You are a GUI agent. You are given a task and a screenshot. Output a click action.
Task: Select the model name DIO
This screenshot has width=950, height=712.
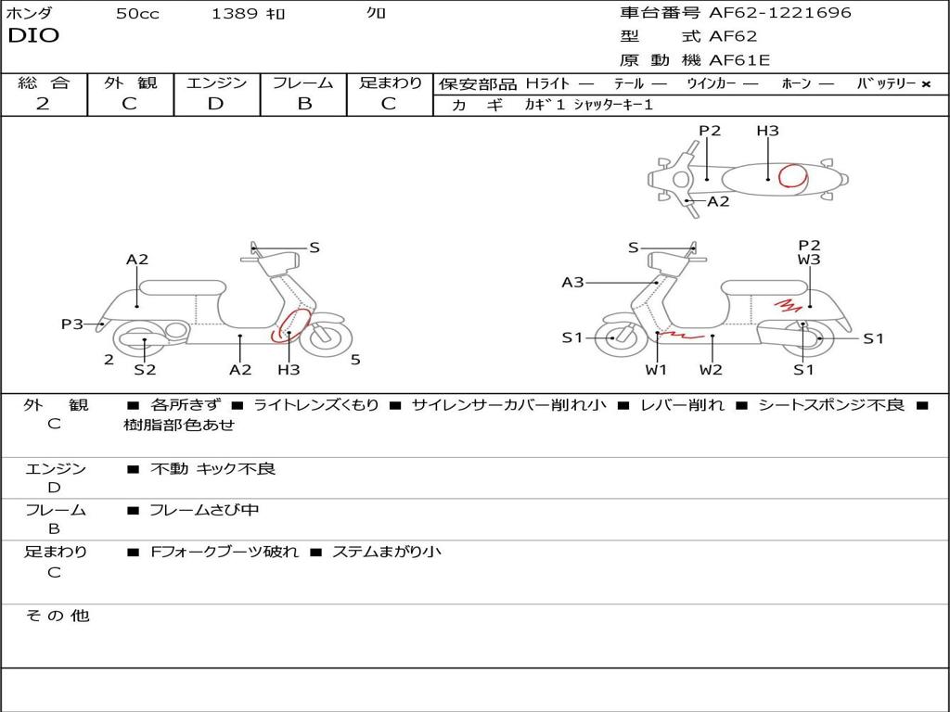pos(33,36)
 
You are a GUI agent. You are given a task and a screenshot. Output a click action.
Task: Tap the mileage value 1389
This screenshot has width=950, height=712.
pos(235,14)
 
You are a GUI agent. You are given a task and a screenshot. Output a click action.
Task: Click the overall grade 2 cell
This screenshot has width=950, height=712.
pos(43,104)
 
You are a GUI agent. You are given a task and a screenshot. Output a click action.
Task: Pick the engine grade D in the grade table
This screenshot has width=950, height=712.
pos(215,104)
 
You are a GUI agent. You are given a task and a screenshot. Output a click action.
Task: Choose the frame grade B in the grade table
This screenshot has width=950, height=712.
pos(303,104)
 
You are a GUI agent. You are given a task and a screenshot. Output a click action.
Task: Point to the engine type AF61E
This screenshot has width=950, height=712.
pos(739,61)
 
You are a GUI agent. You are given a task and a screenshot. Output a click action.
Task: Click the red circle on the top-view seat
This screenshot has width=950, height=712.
pos(791,175)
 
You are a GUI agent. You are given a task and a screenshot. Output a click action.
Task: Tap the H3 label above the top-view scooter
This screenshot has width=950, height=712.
pos(767,131)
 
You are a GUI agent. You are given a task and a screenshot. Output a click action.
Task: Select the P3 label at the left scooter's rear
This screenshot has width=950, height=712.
pos(72,324)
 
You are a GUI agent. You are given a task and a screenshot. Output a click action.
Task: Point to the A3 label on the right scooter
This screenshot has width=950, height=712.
pos(572,283)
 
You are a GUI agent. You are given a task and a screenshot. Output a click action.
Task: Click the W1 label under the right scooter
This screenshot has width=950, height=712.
pos(657,370)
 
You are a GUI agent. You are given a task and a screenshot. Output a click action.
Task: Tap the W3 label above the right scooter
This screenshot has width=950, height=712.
pos(809,261)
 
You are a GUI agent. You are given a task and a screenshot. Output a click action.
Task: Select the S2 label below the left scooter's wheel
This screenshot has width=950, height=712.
pos(145,370)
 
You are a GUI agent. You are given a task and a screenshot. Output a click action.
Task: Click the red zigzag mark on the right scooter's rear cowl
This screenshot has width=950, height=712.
pos(788,303)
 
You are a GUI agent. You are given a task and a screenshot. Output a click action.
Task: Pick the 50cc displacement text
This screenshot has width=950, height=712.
pos(137,14)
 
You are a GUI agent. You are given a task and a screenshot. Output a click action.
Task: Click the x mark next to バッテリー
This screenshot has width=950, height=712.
pos(926,84)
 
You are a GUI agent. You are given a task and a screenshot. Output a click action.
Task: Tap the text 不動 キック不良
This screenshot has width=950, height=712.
pos(213,469)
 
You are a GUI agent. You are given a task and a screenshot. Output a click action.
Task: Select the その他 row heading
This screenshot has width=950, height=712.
pos(57,616)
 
